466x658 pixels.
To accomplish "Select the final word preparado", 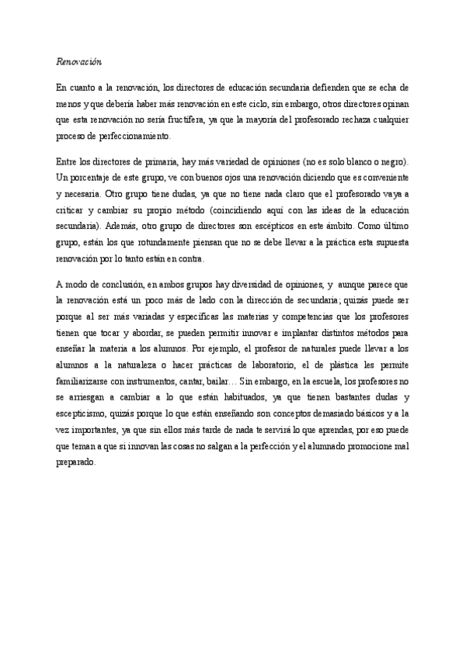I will (x=76, y=454).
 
